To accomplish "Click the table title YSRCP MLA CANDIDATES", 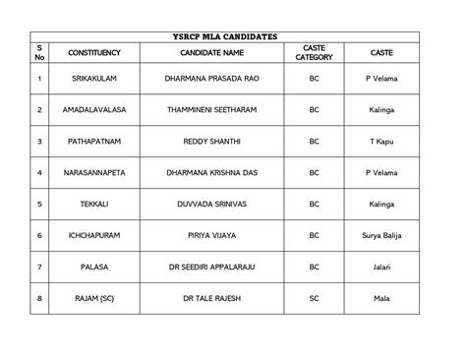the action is (232, 36).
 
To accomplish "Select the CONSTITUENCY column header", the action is (95, 52).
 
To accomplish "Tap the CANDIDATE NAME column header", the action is (219, 52).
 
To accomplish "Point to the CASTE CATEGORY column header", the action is (315, 52).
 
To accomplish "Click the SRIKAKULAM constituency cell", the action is (95, 78).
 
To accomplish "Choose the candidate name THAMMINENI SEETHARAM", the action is (219, 109).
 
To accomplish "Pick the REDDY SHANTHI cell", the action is (219, 141).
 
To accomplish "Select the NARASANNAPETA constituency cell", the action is (95, 172).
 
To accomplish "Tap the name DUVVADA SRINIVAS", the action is (219, 204).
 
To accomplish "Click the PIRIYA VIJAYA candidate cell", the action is (219, 235).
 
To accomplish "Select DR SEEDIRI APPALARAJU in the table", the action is (219, 267).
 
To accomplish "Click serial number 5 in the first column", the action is (39, 204).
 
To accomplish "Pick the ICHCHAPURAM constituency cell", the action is (95, 235).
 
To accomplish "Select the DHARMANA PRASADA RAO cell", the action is (219, 78).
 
